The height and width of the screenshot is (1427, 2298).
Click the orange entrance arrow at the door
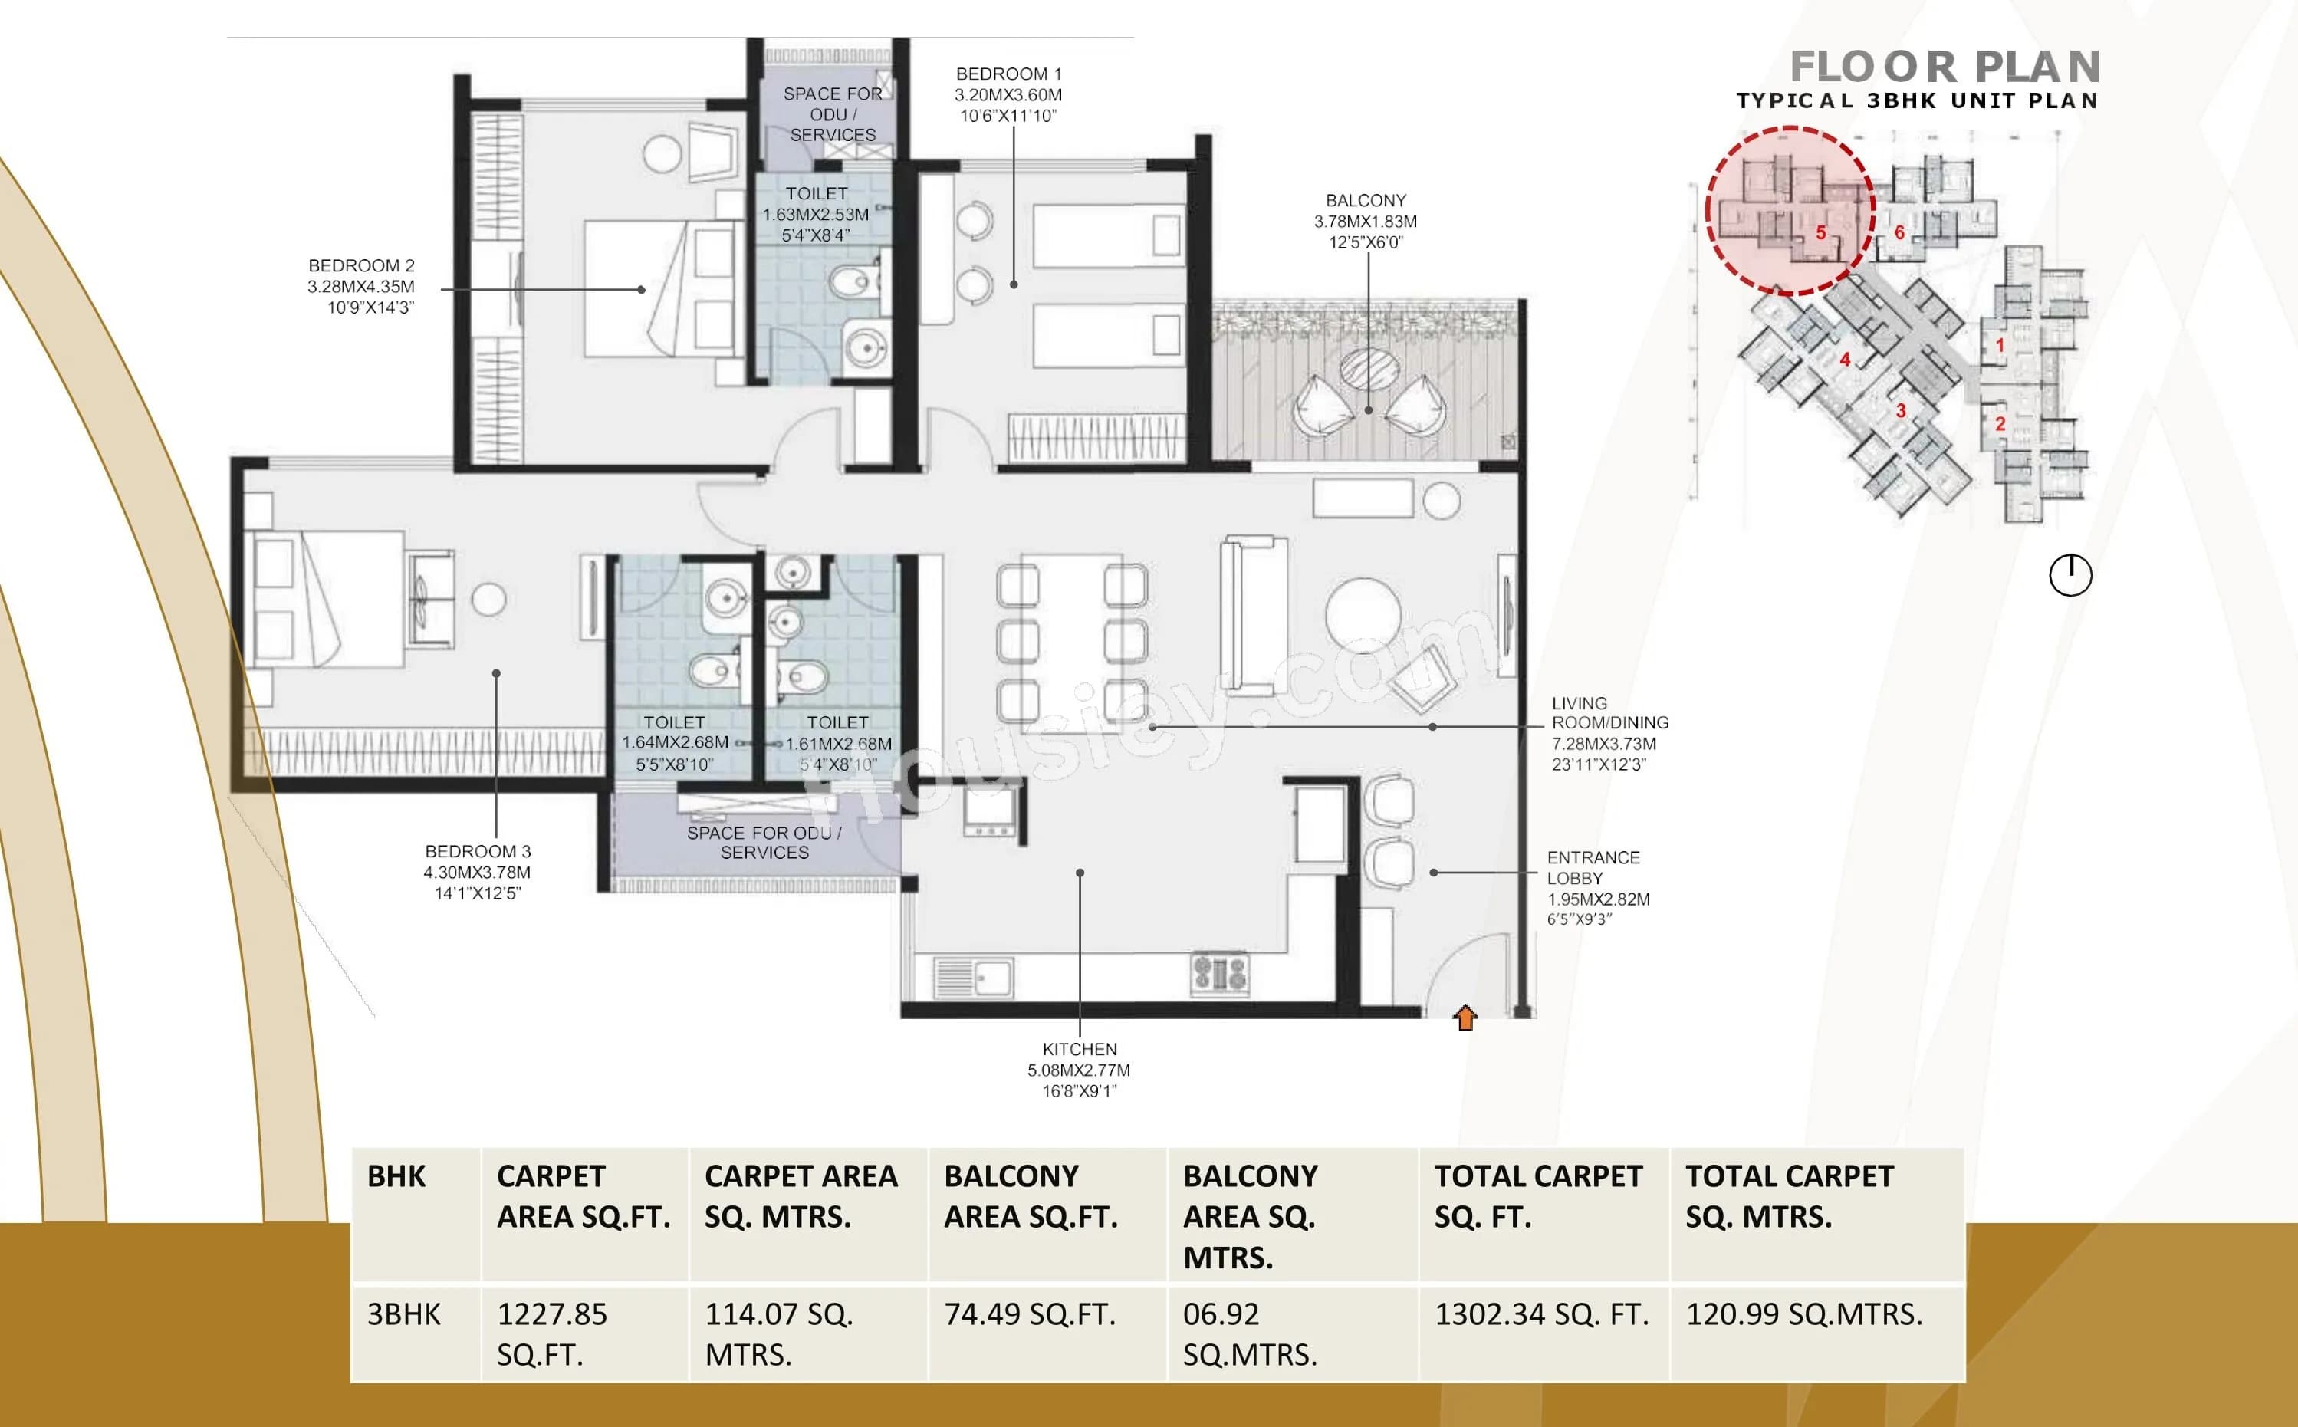1465,1018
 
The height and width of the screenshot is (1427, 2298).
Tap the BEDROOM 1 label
1008,94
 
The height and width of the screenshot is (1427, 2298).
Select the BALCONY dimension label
1365,221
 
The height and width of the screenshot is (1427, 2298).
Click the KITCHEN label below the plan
1079,1070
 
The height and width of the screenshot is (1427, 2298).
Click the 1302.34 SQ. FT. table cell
1541,1314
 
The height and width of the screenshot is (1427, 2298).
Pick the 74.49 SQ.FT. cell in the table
1030,1314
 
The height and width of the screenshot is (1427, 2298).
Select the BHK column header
396,1177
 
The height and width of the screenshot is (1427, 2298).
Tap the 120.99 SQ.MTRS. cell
1803,1314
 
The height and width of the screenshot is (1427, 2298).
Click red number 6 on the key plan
1899,232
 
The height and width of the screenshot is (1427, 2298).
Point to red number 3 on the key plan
1901,410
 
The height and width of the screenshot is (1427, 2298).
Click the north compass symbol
2070,575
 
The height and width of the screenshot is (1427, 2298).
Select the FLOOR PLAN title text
1944,68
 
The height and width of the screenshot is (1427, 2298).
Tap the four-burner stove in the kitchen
1220,973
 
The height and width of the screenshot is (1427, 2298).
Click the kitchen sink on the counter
973,978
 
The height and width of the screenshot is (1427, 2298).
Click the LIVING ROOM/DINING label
1609,733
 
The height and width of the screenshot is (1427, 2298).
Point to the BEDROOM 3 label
477,872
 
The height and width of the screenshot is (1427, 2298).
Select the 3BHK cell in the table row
404,1314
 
